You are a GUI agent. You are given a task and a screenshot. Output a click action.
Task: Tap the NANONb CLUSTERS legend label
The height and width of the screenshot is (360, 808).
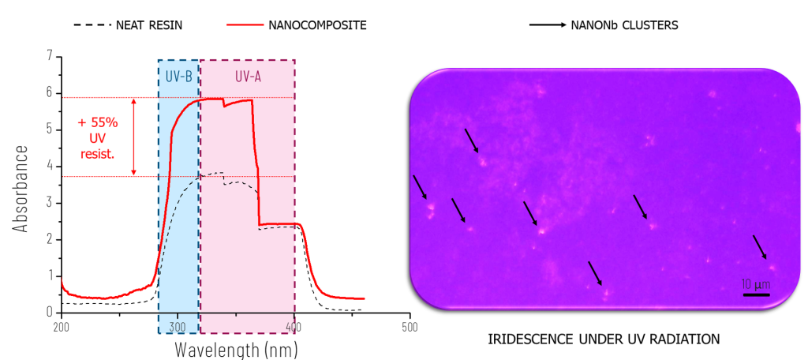[623, 24]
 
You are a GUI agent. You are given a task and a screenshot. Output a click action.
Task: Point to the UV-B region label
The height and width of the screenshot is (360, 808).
[178, 77]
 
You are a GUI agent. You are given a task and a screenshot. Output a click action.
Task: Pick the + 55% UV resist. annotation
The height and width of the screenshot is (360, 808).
[98, 138]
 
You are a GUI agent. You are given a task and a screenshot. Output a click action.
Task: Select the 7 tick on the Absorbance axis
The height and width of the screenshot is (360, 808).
[50, 56]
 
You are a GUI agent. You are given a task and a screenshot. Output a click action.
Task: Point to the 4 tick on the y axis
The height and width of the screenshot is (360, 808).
[50, 166]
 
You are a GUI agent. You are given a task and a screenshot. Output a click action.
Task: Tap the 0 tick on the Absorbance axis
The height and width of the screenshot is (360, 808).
[50, 312]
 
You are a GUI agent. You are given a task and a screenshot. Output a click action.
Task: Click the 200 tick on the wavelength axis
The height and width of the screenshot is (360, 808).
[62, 326]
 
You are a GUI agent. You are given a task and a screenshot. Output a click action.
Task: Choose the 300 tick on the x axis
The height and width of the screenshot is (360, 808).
[178, 326]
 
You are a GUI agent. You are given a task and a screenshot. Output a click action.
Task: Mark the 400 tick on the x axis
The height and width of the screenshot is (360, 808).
[294, 326]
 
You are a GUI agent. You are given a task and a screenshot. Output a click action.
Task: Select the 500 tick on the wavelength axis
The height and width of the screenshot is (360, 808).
[410, 326]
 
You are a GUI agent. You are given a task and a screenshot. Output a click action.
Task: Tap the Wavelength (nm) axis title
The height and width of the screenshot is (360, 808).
[236, 347]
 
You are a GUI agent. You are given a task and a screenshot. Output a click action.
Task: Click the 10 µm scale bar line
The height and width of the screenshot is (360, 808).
[756, 294]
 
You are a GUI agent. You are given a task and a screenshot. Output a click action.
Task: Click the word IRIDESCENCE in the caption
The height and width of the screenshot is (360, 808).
[521, 339]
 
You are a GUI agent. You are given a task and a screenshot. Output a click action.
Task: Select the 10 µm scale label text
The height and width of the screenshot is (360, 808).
[756, 283]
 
